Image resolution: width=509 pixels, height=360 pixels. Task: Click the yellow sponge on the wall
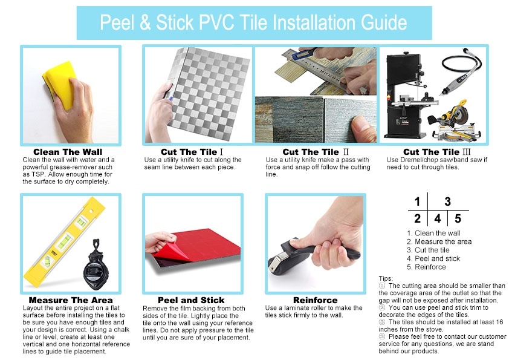(59, 83)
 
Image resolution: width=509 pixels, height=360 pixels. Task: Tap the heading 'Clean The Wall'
(68, 152)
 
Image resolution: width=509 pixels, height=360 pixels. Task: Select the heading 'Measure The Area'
(71, 300)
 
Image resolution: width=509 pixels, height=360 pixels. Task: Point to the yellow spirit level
(64, 243)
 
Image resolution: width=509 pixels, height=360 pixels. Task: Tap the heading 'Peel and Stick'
(191, 300)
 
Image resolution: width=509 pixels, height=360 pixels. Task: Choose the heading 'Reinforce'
(315, 300)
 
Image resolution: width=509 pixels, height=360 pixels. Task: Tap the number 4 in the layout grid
(438, 218)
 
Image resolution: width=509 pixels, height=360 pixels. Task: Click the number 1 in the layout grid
(417, 201)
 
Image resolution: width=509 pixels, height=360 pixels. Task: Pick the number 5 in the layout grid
(458, 218)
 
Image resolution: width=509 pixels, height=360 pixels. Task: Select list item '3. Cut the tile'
(428, 250)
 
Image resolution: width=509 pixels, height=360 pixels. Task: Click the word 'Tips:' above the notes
(386, 278)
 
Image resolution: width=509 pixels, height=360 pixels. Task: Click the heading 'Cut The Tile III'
(436, 152)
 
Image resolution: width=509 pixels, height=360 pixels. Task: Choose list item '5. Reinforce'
(426, 267)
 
